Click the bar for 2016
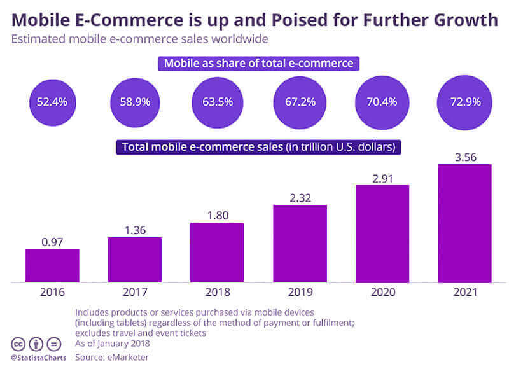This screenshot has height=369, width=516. point(52,266)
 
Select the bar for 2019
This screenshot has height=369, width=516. point(300,244)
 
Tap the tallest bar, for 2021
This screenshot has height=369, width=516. point(464,223)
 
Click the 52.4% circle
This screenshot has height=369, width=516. point(53,101)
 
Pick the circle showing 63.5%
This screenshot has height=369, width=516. point(218,101)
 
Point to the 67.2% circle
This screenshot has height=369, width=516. point(300,101)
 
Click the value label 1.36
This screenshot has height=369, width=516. point(134,230)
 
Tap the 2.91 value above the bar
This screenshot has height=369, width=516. point(382,177)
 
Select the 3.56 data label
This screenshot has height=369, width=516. point(464,157)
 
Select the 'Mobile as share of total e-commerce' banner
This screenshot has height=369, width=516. point(258,63)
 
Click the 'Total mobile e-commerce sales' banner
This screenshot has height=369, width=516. point(258,147)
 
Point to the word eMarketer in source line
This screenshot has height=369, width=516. point(128,358)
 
